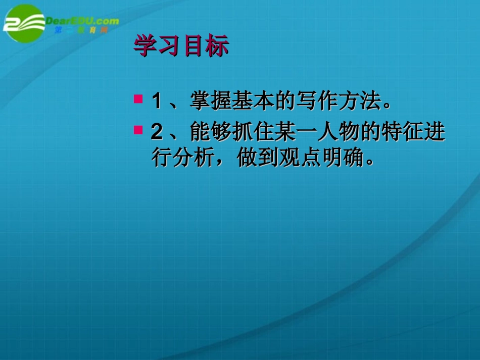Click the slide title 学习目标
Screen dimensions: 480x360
click(181, 45)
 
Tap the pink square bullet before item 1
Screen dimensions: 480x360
click(138, 99)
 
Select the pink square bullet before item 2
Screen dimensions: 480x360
click(138, 130)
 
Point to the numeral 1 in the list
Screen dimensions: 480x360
click(157, 100)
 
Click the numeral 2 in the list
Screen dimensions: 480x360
click(157, 132)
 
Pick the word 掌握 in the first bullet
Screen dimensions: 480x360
click(211, 100)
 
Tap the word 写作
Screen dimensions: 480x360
click(317, 100)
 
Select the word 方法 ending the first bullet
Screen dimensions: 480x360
click(360, 100)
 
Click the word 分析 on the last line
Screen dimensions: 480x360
click(194, 157)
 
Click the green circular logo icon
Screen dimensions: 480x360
click(24, 23)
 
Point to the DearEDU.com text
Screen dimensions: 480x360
click(82, 21)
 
